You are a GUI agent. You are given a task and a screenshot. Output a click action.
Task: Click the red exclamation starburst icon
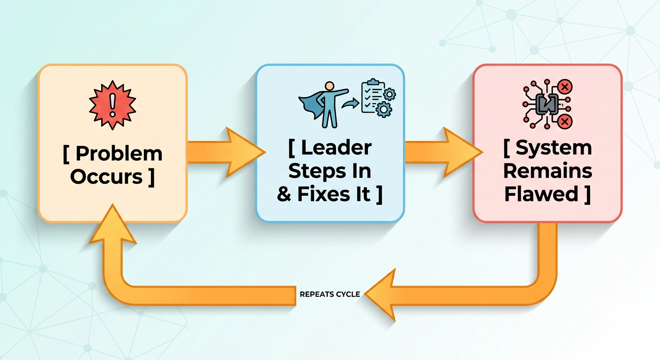(112, 105)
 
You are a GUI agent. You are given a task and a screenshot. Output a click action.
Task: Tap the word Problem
(119, 153)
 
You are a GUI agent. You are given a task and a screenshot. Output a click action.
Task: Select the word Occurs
(106, 177)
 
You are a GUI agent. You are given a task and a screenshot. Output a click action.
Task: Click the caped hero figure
(323, 105)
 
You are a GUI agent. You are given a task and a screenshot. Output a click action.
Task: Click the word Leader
(336, 148)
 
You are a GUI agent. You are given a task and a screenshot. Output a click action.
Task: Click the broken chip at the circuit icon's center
(547, 104)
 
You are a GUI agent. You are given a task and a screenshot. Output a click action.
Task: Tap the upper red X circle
(565, 87)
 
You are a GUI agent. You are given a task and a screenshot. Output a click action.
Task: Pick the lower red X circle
(565, 121)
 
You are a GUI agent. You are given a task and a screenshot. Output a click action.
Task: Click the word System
(554, 148)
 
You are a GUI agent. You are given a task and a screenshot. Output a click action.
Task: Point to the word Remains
(547, 171)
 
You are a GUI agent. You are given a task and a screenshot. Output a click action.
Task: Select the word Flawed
(541, 194)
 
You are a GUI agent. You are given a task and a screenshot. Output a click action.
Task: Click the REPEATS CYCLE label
(330, 294)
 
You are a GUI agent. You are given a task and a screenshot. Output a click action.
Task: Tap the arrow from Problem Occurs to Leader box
(226, 152)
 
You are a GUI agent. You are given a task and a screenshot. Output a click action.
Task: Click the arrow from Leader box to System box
(443, 152)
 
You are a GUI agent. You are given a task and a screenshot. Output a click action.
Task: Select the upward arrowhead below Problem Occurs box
(112, 224)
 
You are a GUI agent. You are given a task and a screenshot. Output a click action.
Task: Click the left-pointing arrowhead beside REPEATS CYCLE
(381, 294)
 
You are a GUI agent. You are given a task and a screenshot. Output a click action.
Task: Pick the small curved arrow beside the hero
(350, 104)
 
